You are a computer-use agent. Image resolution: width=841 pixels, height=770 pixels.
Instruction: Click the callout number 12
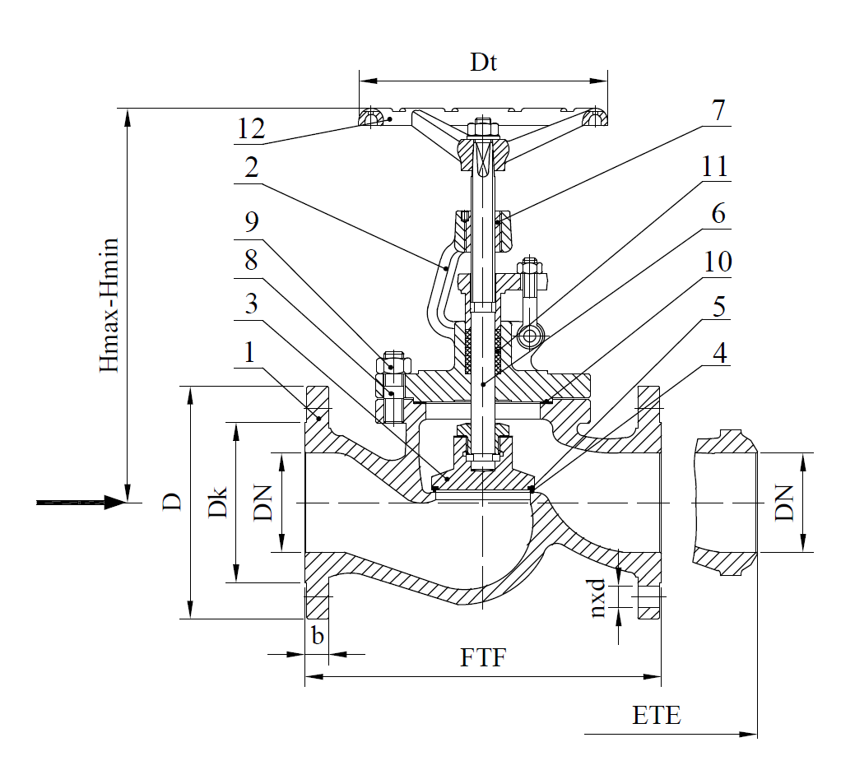tap(251, 128)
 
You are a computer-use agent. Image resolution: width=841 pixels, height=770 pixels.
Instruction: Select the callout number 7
tap(718, 110)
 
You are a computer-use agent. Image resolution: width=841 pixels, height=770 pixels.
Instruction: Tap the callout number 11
tap(715, 166)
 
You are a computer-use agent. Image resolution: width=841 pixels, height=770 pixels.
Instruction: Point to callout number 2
tap(252, 168)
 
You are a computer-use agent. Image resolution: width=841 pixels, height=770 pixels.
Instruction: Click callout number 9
tap(252, 221)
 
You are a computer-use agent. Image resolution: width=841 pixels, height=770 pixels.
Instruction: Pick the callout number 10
tap(717, 262)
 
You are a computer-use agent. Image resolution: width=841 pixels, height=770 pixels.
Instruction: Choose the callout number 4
tap(719, 354)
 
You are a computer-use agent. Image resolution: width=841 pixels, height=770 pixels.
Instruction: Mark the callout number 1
tap(249, 354)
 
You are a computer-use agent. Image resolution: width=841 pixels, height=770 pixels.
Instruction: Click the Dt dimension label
tap(483, 63)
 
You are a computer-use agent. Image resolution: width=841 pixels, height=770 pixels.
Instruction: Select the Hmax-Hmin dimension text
tap(109, 305)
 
